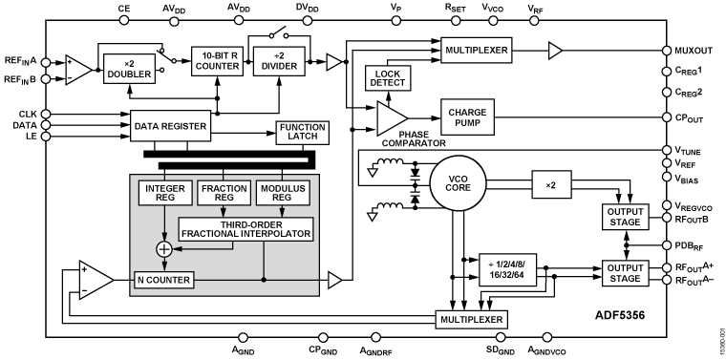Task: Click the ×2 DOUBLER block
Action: point(130,70)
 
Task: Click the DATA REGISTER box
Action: point(173,124)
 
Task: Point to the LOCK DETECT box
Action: point(388,79)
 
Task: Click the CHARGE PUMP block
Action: point(467,117)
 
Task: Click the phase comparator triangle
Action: point(390,117)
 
